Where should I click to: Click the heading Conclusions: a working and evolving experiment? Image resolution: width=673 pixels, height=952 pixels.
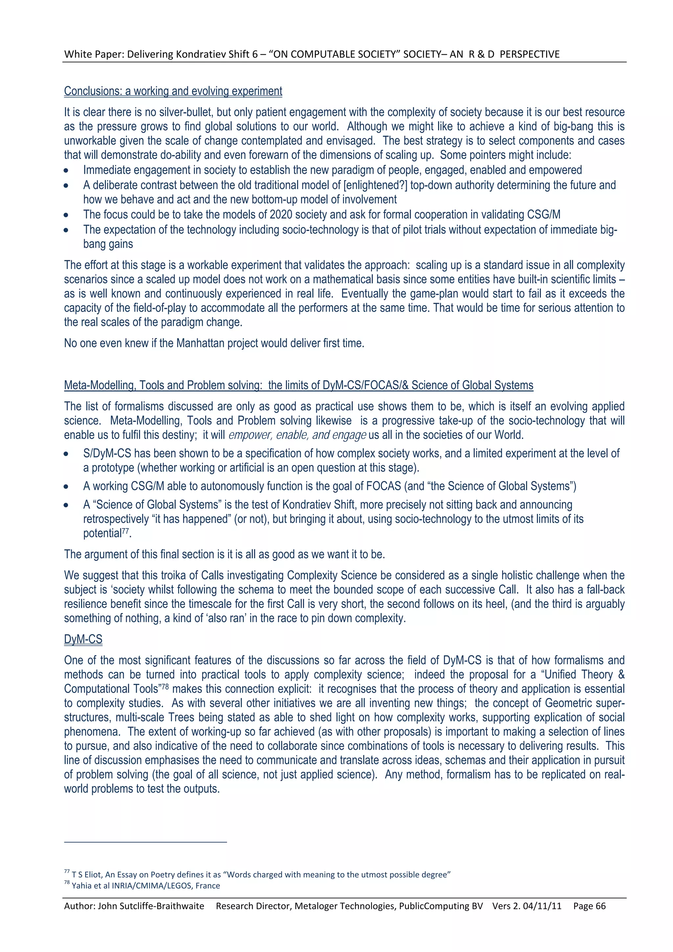click(x=173, y=91)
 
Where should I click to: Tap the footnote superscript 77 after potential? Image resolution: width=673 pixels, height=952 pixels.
click(x=125, y=531)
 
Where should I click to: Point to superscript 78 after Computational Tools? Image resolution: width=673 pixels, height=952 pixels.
click(x=165, y=686)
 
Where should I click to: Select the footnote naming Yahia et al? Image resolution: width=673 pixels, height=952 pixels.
click(x=146, y=886)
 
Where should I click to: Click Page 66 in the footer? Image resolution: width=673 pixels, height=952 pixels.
click(x=589, y=906)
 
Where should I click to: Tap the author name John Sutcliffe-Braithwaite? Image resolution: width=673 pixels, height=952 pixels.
click(x=151, y=906)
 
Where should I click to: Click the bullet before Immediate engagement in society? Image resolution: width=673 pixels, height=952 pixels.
click(x=66, y=171)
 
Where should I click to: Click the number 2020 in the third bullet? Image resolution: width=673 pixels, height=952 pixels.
click(x=281, y=215)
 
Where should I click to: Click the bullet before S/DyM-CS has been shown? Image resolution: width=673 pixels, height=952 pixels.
click(x=66, y=454)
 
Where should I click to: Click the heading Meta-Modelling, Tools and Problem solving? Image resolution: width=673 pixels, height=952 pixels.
click(x=299, y=385)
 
